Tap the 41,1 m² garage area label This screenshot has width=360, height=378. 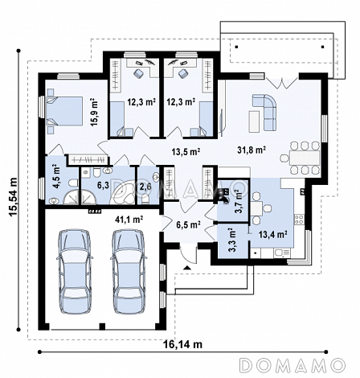click(129, 220)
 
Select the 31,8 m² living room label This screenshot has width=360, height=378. click(252, 150)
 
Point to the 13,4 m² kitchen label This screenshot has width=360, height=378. click(273, 234)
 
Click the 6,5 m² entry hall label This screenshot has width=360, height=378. click(189, 224)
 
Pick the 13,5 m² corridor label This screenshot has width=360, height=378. click(186, 152)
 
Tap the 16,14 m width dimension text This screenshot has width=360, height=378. click(182, 344)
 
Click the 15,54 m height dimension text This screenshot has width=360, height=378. click(13, 196)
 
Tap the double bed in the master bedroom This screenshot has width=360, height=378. click(64, 111)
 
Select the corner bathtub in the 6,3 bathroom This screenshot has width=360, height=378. click(122, 191)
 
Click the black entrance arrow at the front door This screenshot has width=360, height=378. click(186, 267)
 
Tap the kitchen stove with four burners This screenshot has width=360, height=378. click(299, 220)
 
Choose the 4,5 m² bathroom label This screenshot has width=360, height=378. click(56, 176)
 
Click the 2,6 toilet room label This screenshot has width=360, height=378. click(145, 187)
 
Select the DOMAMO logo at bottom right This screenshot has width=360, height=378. click(292, 365)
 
